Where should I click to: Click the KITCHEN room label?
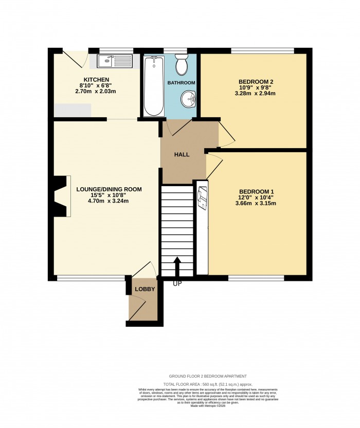click(x=97, y=79)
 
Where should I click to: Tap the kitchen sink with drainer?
click(x=111, y=62)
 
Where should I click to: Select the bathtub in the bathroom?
click(x=153, y=86)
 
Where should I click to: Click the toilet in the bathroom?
click(x=181, y=66)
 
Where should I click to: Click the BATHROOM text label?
click(x=181, y=83)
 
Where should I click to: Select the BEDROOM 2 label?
click(x=256, y=82)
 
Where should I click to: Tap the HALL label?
click(x=181, y=154)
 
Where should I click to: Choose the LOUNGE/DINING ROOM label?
click(x=109, y=189)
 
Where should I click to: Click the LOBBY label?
click(x=145, y=290)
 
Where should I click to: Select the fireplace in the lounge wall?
click(x=61, y=197)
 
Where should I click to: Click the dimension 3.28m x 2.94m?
click(x=256, y=94)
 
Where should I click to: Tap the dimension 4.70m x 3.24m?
click(x=109, y=201)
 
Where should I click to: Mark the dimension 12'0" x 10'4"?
click(x=256, y=197)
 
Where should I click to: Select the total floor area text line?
click(x=207, y=384)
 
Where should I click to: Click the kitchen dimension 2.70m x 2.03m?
click(x=97, y=92)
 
